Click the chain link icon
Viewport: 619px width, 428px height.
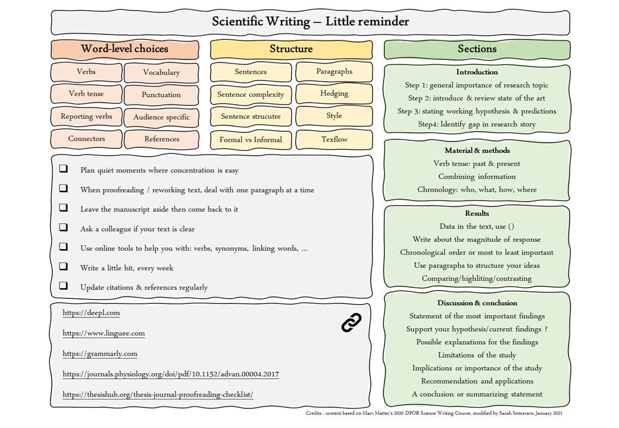351,322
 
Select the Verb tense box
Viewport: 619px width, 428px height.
86,94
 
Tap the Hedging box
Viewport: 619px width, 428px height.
334,93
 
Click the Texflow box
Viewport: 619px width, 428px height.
334,139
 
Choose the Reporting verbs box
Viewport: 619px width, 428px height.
86,117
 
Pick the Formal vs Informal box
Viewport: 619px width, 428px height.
251,140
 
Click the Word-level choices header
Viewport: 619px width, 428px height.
124,49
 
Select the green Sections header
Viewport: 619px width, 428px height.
477,49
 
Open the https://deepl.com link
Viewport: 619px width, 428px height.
91,313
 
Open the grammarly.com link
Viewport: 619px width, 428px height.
100,354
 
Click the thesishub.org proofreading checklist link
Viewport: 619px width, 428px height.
158,395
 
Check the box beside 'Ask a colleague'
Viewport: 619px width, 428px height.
63,228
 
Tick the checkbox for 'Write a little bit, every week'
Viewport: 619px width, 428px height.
63,267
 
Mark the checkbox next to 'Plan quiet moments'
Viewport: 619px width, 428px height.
63,169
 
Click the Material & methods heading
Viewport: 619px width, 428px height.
477,150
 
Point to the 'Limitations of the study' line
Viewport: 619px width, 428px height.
477,355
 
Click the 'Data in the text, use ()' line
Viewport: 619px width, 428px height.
477,226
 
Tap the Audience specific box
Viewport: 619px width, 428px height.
161,117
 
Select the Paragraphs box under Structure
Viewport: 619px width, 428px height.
334,71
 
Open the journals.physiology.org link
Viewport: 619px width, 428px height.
171,374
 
